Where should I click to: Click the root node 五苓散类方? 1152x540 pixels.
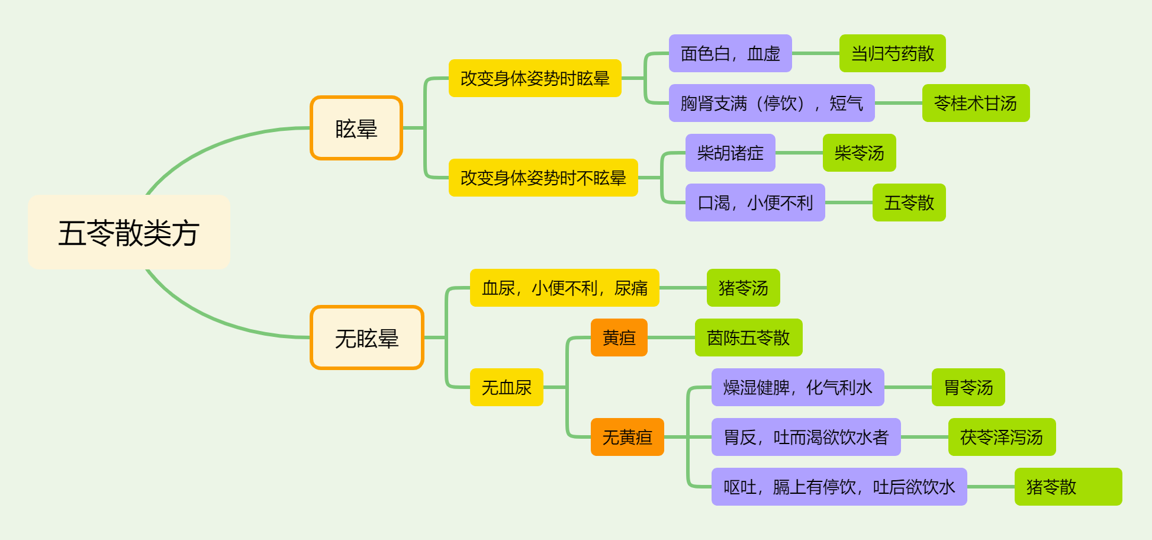click(129, 232)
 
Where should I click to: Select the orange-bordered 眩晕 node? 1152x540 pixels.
click(356, 128)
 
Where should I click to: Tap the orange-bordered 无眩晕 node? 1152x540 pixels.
click(367, 337)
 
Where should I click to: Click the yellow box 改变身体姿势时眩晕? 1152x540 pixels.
click(535, 78)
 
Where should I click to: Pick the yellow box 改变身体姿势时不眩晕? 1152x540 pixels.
click(543, 178)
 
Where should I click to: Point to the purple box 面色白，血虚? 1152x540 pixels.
click(731, 53)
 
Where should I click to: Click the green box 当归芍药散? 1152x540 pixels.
click(893, 53)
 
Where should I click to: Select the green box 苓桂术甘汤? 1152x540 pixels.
click(976, 103)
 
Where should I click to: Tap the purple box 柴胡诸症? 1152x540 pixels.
click(731, 153)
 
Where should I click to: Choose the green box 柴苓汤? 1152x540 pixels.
click(860, 153)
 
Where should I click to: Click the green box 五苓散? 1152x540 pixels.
click(909, 202)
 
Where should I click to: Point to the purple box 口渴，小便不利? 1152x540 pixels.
click(755, 202)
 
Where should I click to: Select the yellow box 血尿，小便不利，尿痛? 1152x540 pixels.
click(565, 288)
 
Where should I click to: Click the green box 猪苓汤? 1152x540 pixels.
click(744, 288)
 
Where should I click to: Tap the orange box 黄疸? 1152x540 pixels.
click(619, 337)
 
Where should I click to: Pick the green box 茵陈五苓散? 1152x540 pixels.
click(749, 337)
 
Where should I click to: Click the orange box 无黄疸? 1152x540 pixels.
click(628, 437)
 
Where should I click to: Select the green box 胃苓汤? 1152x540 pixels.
click(968, 387)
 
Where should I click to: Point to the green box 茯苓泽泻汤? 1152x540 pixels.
click(1002, 437)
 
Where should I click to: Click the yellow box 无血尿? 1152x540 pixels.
click(507, 387)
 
